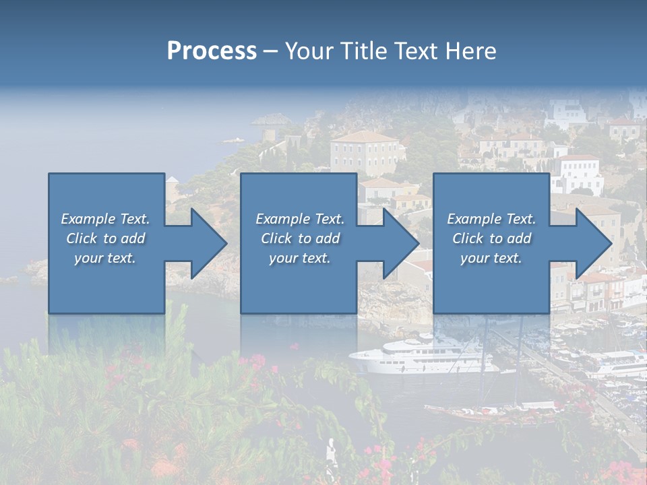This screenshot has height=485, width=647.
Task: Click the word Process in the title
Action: coord(212,51)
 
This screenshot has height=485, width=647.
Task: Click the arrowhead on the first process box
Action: coord(206,243)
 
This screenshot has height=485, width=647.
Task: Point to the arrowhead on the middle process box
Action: coord(398,243)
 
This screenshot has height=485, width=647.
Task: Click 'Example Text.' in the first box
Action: coord(105,219)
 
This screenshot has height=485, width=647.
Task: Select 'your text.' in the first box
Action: coord(105,258)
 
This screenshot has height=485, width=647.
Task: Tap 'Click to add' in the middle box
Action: coord(300,238)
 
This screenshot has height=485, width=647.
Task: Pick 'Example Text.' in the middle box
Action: coord(300,219)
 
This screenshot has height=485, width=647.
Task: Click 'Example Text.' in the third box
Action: coord(491,219)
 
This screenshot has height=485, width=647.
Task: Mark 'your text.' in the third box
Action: coord(491,258)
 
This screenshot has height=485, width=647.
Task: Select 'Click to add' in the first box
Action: coord(105,238)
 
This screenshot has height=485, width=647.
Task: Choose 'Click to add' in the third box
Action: coord(491,238)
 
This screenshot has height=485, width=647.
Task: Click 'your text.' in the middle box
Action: coord(300,258)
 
